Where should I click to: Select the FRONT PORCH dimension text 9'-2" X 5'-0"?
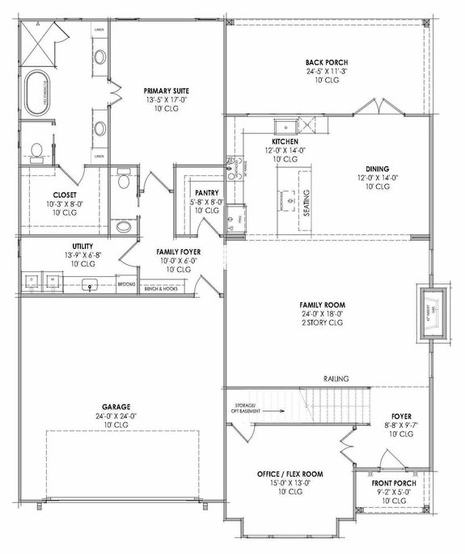click(x=395, y=491)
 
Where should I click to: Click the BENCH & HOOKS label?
click(x=160, y=288)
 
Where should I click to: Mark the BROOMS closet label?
click(x=127, y=284)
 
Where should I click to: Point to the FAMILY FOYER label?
click(x=179, y=252)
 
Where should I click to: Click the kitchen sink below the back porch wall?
click(x=285, y=126)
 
